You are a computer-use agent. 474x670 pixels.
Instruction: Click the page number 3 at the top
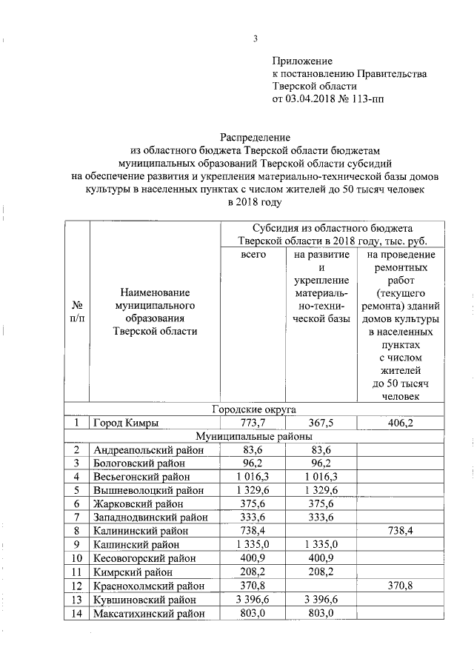[255, 39]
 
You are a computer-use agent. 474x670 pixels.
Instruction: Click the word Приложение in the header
[302, 61]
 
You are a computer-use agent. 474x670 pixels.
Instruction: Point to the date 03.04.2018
[320, 98]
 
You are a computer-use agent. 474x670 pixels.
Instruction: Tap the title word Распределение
[254, 137]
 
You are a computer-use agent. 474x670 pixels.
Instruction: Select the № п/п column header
[76, 311]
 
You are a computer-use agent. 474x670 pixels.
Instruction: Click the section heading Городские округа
[254, 409]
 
